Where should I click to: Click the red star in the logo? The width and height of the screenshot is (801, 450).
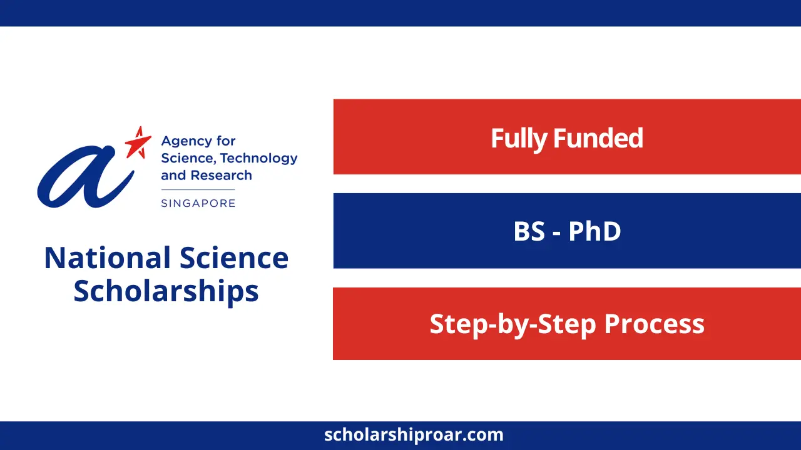(138, 142)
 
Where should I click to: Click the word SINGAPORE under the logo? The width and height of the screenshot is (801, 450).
(198, 203)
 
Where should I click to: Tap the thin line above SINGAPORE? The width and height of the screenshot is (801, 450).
(198, 190)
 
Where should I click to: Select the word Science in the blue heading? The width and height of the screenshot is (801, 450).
(234, 257)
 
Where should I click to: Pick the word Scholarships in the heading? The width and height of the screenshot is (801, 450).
(166, 291)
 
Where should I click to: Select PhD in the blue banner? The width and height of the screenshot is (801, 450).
(594, 231)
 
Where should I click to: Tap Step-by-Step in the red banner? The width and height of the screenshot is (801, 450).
(504, 324)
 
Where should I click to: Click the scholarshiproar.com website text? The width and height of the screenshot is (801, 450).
(414, 434)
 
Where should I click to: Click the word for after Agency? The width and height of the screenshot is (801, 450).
(225, 141)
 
